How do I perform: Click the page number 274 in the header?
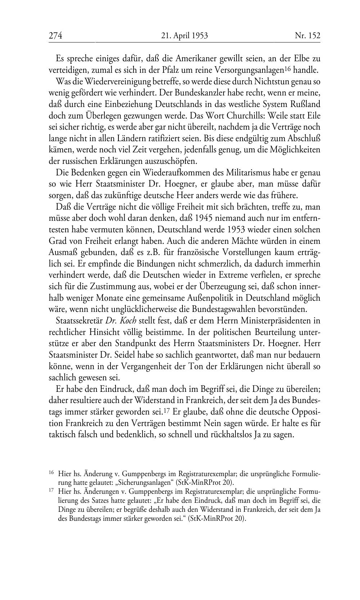[x=55, y=36]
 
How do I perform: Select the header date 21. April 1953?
[x=185, y=36]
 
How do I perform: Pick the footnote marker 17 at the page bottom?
[x=51, y=491]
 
